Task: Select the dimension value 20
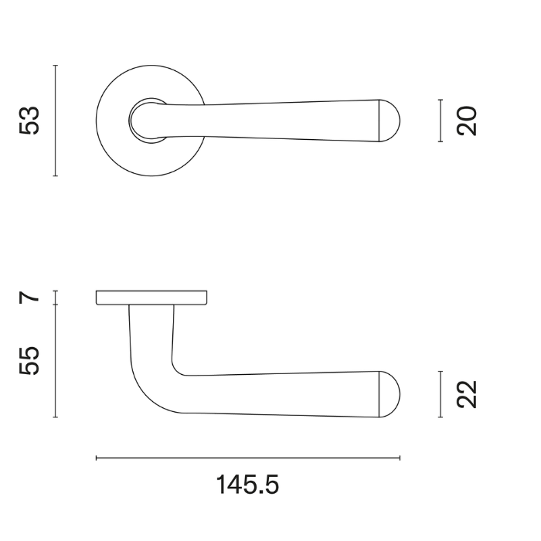coord(468,121)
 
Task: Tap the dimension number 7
coord(29,297)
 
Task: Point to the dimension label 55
coord(29,361)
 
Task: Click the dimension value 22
coord(468,394)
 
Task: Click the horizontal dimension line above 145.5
coord(247,458)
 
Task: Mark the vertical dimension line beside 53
coord(56,121)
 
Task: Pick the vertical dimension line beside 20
coord(440,121)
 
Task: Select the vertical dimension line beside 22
coord(440,394)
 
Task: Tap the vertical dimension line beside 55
coord(56,361)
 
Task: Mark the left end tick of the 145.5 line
coord(96,458)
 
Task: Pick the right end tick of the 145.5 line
coord(400,458)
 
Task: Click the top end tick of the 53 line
coord(56,66)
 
